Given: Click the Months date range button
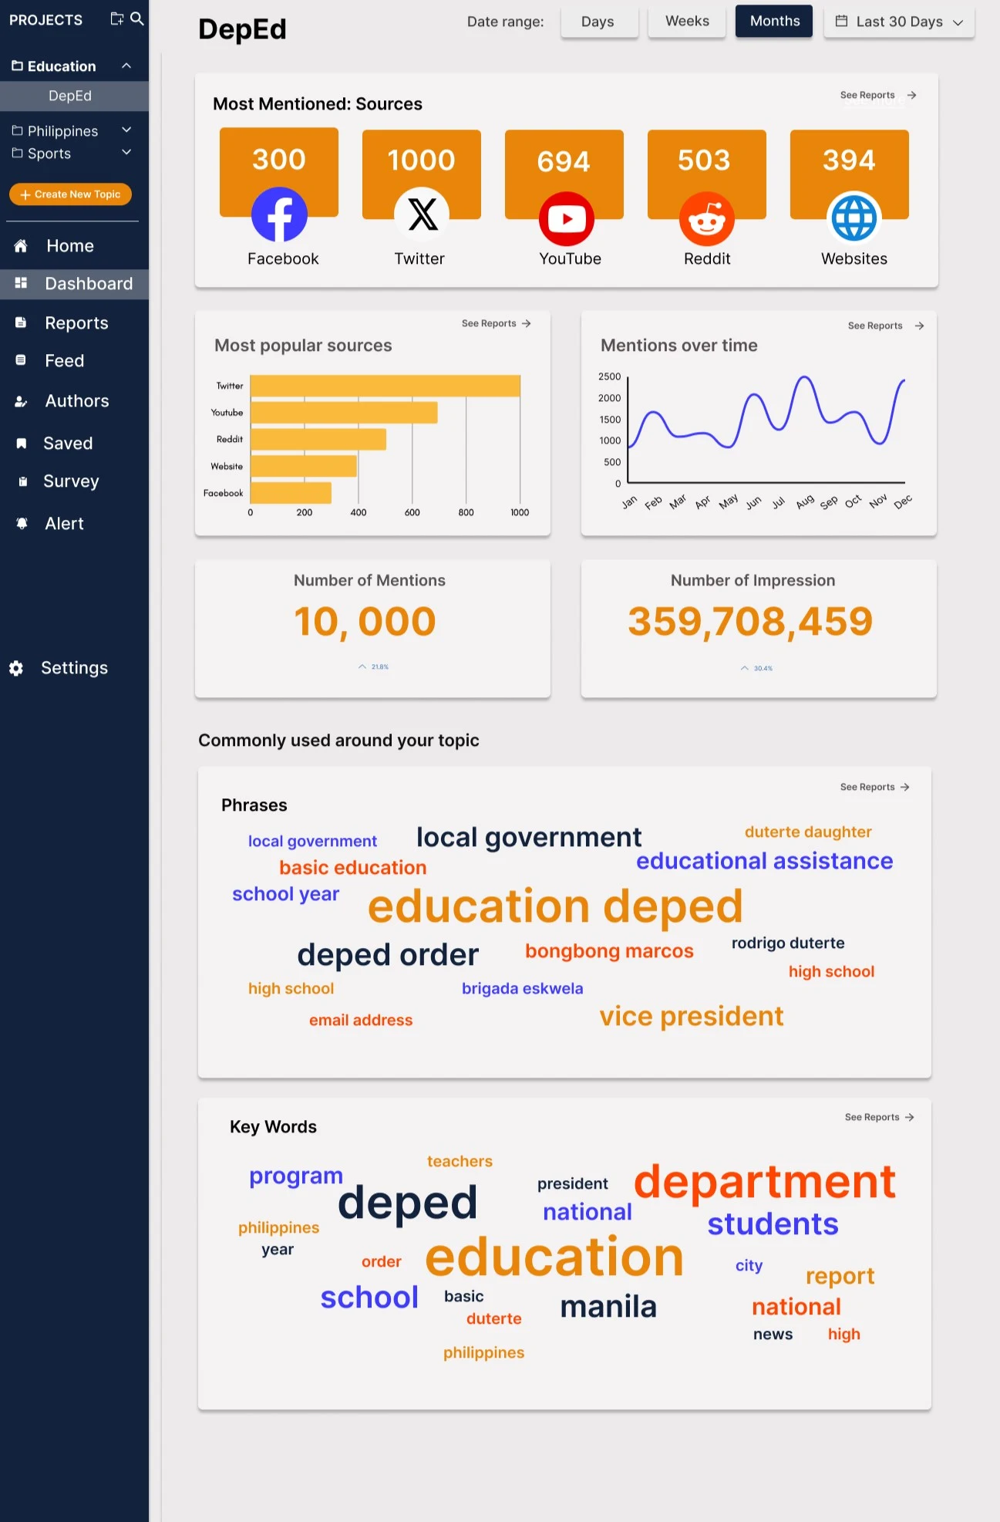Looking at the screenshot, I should [774, 22].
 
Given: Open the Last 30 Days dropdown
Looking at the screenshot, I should [899, 22].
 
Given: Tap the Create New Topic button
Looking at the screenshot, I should [71, 194].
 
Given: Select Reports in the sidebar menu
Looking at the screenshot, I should [76, 323].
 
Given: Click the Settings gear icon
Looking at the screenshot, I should [16, 668].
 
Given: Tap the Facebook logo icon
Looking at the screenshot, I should [279, 215].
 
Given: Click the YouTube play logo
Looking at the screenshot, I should [567, 219].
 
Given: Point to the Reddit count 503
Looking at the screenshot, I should [704, 160].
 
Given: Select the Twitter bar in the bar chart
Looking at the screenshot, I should [385, 386].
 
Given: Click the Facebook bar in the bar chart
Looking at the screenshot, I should [291, 493].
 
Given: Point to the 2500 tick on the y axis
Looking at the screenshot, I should [609, 376].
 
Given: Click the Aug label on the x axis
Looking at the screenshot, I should [805, 502].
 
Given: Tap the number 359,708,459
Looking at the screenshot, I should [750, 622].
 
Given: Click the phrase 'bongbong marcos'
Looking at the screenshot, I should [609, 951].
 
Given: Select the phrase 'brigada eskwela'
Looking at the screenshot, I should [522, 988].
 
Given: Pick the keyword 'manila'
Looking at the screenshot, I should [608, 1307].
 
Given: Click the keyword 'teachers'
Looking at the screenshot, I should [460, 1161].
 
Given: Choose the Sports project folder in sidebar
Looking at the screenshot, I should [49, 154].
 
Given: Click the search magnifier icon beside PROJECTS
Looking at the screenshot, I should [137, 19].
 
